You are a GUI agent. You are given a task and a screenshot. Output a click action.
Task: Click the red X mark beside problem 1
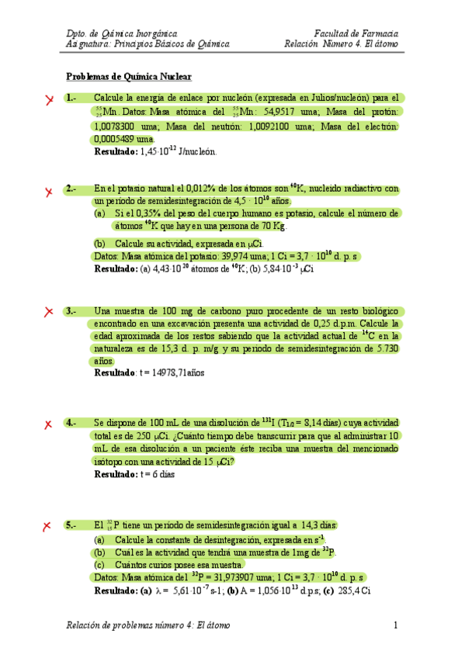[x=49, y=100]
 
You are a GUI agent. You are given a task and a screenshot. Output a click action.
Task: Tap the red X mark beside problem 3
[x=49, y=312]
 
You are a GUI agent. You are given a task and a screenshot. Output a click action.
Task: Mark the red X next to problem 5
[x=49, y=526]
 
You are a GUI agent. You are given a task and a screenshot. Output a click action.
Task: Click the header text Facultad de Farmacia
[x=356, y=34]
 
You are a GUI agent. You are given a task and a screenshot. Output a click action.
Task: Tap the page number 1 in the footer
[x=395, y=625]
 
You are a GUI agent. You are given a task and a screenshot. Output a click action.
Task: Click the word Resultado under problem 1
[x=115, y=153]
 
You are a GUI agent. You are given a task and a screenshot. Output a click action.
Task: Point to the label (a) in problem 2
[x=99, y=213]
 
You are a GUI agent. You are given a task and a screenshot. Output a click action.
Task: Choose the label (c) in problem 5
[x=99, y=564]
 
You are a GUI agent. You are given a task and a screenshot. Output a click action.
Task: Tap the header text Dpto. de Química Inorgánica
[x=121, y=34]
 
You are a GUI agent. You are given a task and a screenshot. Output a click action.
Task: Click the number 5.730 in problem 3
[x=383, y=348]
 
